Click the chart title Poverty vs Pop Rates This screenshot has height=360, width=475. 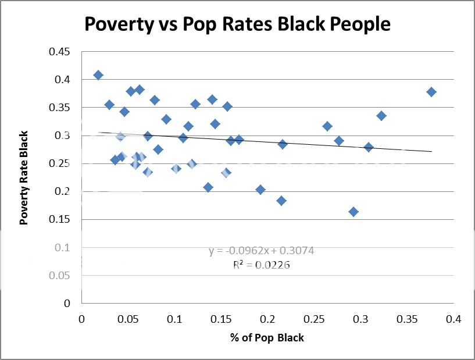pyautogui.click(x=237, y=24)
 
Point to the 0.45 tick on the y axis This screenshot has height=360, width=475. pyautogui.click(x=60, y=52)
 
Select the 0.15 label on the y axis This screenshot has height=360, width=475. pyautogui.click(x=60, y=220)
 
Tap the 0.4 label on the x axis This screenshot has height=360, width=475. pyautogui.click(x=453, y=319)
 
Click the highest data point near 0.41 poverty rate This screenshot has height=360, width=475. pyautogui.click(x=98, y=75)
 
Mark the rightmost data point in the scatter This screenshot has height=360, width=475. pyautogui.click(x=431, y=92)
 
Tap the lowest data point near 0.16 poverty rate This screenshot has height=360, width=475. pyautogui.click(x=353, y=212)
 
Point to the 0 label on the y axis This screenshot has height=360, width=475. pyautogui.click(x=67, y=304)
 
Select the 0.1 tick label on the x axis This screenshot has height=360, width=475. pyautogui.click(x=174, y=319)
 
